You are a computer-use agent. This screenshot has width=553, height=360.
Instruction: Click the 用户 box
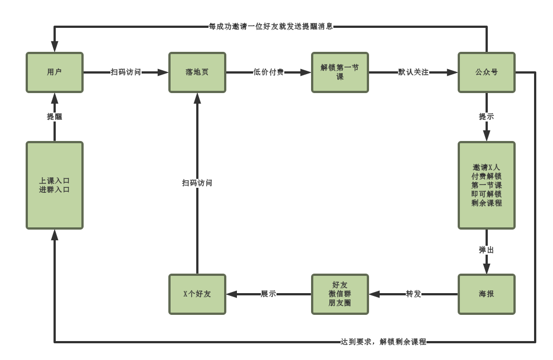coord(55,72)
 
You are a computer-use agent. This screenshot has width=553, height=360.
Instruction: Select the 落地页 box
coord(197,72)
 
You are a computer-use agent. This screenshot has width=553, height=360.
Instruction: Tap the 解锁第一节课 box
coord(340,72)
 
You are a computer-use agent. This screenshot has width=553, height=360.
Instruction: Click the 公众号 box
coord(487,72)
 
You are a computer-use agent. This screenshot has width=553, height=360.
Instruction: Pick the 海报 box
coord(487,294)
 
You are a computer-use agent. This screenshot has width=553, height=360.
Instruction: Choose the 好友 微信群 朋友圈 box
coord(340,294)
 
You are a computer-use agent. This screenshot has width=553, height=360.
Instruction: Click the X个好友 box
coord(197,294)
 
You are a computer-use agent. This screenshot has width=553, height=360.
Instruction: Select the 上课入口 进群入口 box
coord(55,185)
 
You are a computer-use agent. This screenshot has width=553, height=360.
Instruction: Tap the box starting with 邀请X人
coord(487,185)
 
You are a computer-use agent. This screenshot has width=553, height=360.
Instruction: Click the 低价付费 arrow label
coord(269,72)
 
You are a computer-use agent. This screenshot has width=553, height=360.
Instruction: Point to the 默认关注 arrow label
coord(414,72)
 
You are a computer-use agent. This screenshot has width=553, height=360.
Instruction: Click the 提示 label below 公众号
coord(487,116)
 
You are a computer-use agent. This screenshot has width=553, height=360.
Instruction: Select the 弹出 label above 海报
coord(487,250)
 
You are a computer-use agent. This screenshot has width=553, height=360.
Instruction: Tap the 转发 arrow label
coord(414,294)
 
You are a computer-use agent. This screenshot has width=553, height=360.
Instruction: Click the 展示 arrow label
coord(269,294)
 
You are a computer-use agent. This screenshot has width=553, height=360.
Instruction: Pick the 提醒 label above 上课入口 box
coord(55,116)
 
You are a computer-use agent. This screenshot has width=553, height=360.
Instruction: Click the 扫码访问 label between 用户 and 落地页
coord(126,72)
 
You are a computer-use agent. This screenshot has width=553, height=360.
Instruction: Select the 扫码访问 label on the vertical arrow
coord(197,183)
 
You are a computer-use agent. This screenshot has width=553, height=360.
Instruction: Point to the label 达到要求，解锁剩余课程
coord(384,342)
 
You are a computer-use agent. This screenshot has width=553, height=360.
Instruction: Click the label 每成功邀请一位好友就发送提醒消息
coord(271,26)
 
